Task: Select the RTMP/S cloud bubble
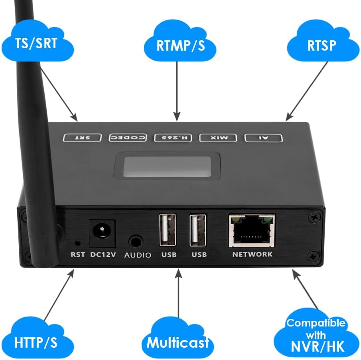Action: [x=180, y=45]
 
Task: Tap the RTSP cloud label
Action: [x=322, y=45]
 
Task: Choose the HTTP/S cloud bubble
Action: [x=37, y=341]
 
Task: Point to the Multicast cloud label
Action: [x=178, y=342]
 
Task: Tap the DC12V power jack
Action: [x=102, y=233]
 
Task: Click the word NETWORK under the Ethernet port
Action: [x=252, y=254]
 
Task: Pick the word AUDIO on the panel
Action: [x=138, y=255]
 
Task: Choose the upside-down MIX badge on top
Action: [x=219, y=138]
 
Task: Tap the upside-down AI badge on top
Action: [x=264, y=138]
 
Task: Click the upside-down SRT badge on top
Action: [x=83, y=138]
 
